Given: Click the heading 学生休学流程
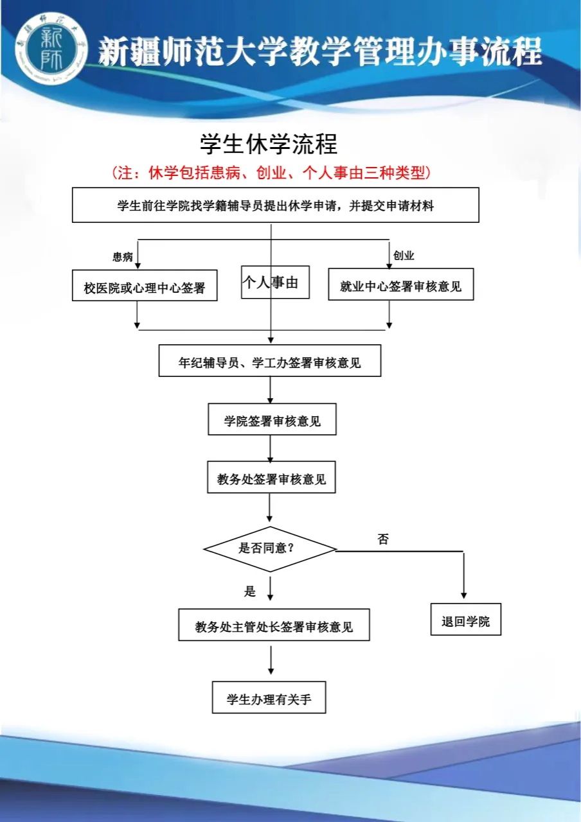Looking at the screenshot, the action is [269, 144].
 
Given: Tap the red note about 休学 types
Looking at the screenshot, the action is [271, 173].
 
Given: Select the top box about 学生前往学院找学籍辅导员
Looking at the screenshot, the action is [276, 205].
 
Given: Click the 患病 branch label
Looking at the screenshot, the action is [123, 256].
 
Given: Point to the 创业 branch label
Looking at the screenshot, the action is [404, 255].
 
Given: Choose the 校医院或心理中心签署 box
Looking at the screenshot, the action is [145, 285].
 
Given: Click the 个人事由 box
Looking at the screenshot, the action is [275, 282].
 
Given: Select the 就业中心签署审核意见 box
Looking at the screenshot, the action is [400, 284].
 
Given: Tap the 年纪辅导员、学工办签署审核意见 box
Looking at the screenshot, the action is [270, 360].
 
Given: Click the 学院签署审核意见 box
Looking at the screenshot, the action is [272, 419].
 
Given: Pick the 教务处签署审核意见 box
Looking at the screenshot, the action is [271, 477].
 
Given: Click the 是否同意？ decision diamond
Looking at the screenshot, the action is [271, 549].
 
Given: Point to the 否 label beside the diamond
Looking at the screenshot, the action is [383, 539].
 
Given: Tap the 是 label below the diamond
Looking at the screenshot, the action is [250, 591].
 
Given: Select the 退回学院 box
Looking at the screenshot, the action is [466, 620].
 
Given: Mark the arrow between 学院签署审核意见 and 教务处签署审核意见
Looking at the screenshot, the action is [271, 448].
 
